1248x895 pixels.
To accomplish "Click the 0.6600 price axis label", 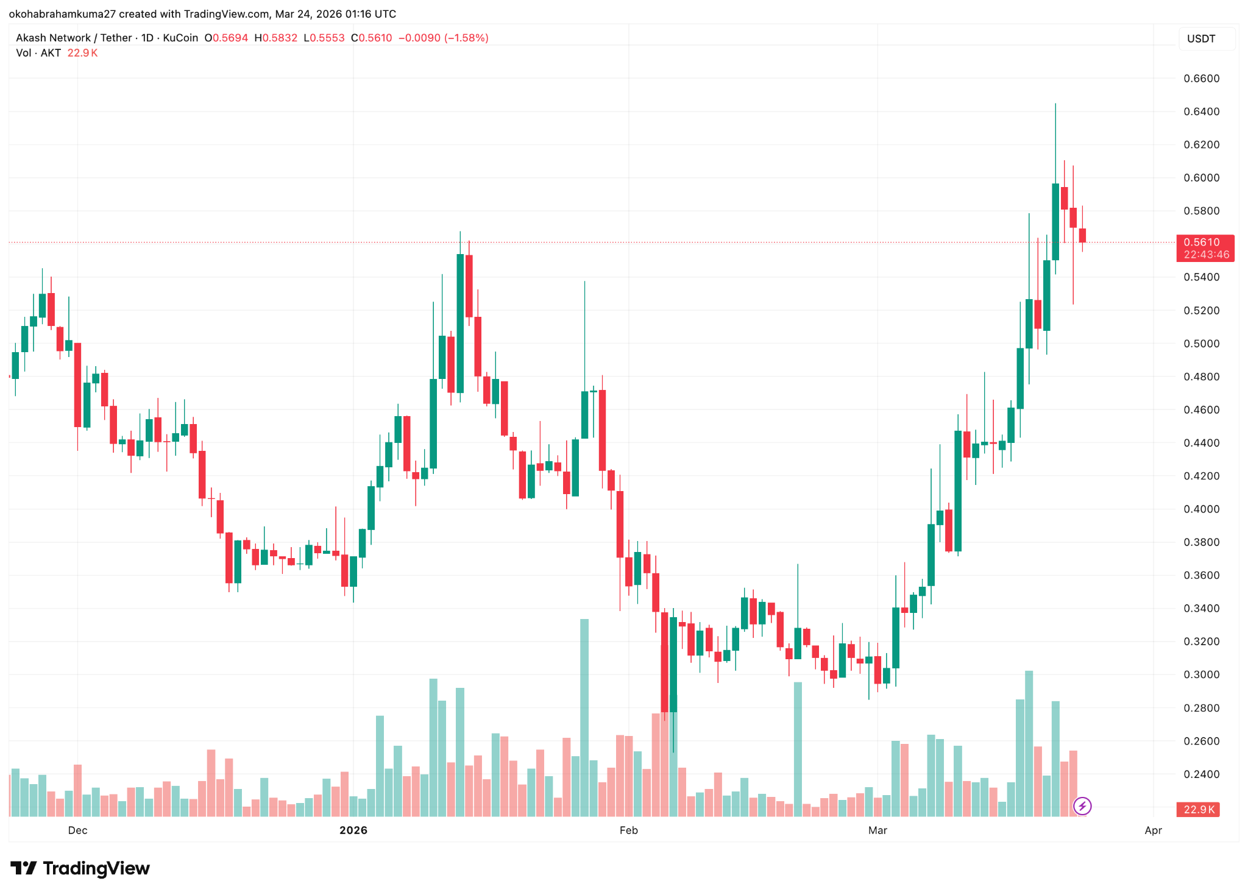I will tap(1201, 79).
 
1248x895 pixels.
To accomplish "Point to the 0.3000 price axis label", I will tap(1201, 674).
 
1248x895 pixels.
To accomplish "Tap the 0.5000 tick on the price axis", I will tap(1201, 344).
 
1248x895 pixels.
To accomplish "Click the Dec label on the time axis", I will tap(77, 830).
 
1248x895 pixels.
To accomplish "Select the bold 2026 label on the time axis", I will tap(353, 830).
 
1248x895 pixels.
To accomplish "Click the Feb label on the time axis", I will tap(628, 830).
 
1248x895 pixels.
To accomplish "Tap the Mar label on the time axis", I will tap(877, 830).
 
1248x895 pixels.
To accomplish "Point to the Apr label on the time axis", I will tap(1153, 830).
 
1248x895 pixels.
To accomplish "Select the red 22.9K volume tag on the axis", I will tap(1198, 810).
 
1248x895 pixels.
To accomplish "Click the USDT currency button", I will tap(1201, 39).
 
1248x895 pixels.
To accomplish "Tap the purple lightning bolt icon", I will tap(1082, 806).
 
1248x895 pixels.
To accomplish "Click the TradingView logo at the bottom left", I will tap(80, 868).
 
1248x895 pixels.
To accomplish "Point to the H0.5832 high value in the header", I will tap(275, 38).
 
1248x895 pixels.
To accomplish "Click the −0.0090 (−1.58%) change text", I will tap(443, 38).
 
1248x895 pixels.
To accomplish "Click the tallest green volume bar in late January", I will tap(584, 717).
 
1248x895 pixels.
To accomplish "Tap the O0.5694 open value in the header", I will tap(226, 38).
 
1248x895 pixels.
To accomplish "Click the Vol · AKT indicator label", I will tap(38, 53).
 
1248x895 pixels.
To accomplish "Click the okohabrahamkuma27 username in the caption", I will tap(62, 13).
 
